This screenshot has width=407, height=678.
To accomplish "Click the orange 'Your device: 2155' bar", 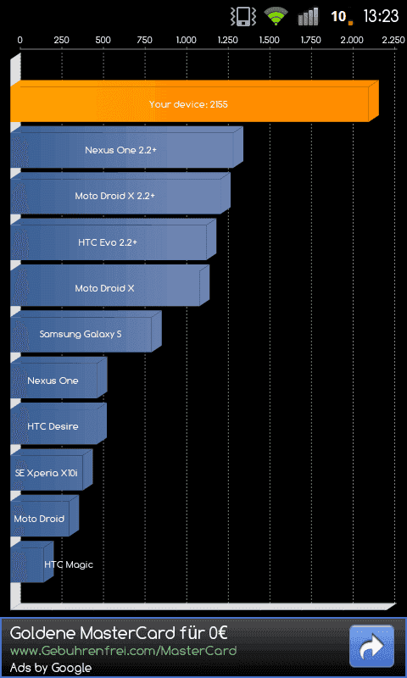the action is point(195,101).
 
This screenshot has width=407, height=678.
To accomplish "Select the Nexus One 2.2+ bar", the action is point(126,147).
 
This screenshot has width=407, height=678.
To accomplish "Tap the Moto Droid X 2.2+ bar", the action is point(120,193).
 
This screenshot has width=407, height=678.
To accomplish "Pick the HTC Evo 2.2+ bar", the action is point(114,240).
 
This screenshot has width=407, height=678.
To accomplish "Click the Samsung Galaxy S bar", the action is point(86,331).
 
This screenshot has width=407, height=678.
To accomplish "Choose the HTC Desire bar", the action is point(59,424).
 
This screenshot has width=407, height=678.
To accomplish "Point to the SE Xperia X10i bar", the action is point(52,470).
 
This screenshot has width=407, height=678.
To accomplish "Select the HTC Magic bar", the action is point(32,562).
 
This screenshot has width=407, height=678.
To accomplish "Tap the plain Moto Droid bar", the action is point(45,516).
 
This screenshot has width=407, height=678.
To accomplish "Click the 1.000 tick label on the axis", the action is point(186,40).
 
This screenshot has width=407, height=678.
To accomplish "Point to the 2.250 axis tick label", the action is point(393,40).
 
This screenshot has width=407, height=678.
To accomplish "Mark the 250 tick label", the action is point(61,40).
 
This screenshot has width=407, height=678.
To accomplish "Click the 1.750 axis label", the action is point(310,40).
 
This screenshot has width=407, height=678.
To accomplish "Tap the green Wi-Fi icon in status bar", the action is point(276,16).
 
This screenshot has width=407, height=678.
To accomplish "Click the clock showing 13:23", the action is point(381,16).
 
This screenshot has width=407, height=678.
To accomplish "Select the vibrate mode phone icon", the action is point(243,16).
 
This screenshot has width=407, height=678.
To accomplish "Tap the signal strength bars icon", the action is point(308,16).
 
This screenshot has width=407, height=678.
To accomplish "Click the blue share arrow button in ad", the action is point(371,646).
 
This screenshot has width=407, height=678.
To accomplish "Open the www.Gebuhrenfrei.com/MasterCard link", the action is point(123,651).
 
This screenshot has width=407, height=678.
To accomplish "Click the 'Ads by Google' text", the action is point(51,668).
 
